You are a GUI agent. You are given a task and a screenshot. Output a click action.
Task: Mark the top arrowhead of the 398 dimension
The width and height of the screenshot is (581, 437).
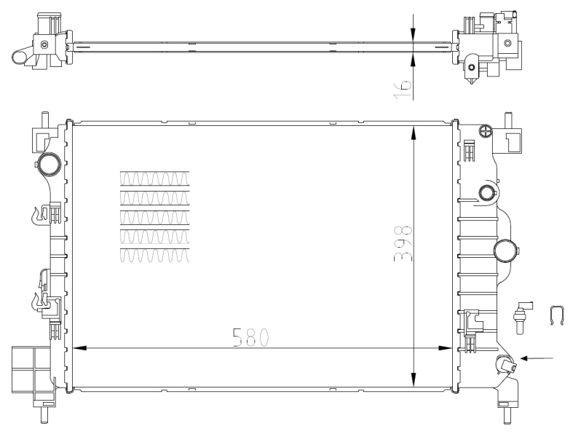click(414, 132)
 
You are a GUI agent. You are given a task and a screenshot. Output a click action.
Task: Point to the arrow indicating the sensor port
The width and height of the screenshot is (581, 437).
click(539, 358)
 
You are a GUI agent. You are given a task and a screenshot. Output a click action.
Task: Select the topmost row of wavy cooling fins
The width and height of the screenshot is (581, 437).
click(155, 178)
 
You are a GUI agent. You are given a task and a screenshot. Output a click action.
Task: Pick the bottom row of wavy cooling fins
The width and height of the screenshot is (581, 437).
click(155, 255)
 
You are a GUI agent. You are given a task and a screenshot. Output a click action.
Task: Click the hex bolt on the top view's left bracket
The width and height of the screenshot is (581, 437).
click(45, 45)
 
